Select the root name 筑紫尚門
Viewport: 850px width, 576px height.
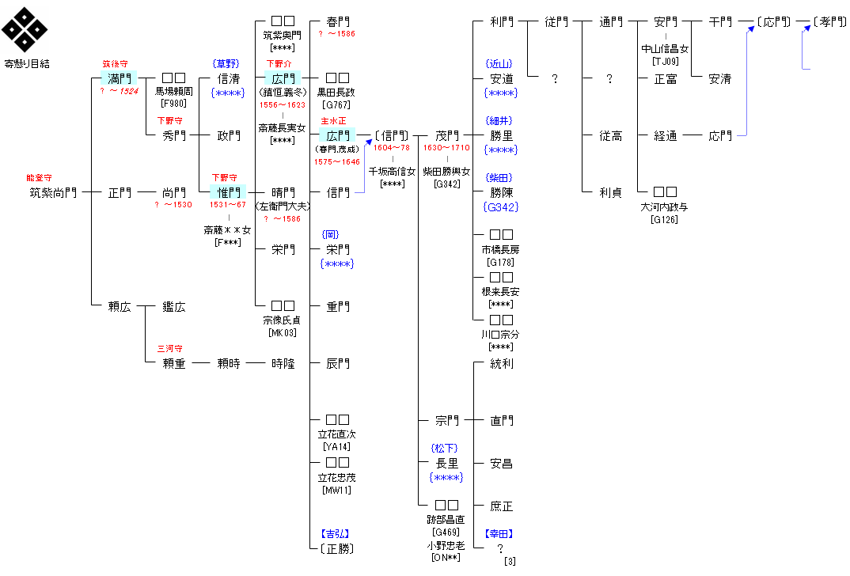click(53, 192)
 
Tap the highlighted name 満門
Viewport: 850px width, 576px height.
click(119, 78)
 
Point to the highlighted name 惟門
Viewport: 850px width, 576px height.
click(229, 192)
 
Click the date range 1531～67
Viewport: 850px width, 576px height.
click(228, 204)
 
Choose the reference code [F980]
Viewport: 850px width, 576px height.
click(173, 103)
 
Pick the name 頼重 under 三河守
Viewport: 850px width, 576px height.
click(173, 363)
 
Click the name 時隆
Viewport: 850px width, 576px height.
click(283, 363)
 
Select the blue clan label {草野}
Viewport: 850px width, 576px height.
click(226, 63)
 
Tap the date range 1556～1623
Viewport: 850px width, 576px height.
click(283, 104)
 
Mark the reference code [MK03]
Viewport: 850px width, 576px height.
click(283, 332)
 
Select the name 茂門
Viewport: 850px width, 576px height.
click(447, 135)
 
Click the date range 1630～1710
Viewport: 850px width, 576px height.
click(447, 147)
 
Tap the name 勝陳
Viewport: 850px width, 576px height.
click(502, 192)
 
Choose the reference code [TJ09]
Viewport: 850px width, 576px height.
click(666, 60)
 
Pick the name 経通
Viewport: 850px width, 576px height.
click(666, 135)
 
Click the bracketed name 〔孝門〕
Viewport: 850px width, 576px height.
click(829, 21)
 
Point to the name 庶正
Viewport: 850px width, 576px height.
click(502, 506)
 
